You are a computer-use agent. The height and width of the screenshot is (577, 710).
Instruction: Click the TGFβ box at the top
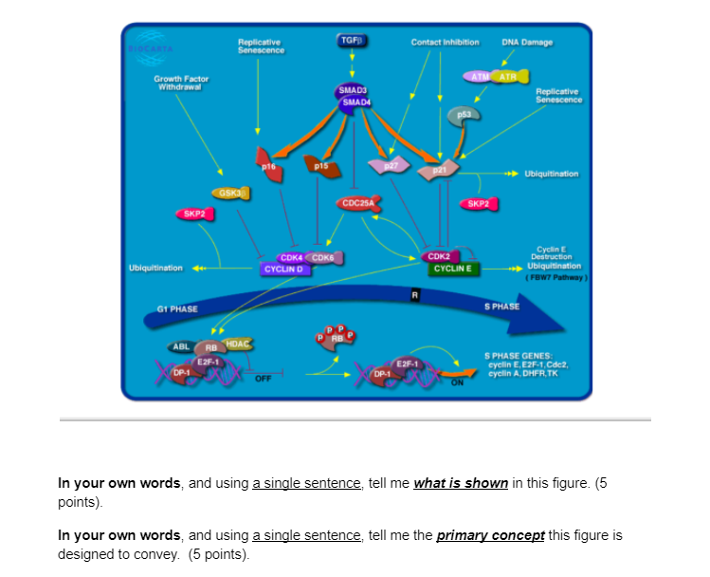point(352,41)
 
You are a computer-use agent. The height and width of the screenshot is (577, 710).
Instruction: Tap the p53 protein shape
point(464,113)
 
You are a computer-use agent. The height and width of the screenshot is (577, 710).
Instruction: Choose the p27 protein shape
point(390,165)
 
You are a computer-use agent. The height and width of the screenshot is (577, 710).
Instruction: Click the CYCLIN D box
point(284,269)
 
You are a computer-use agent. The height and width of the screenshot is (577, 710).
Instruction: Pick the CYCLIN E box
point(453,269)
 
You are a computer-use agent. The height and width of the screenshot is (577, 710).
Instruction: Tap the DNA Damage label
point(527,42)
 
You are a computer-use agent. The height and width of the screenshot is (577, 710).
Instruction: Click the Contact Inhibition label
point(445,42)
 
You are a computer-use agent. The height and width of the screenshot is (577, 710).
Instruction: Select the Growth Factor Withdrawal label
point(182,83)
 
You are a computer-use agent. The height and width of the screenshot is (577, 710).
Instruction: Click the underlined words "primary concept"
point(490,535)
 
